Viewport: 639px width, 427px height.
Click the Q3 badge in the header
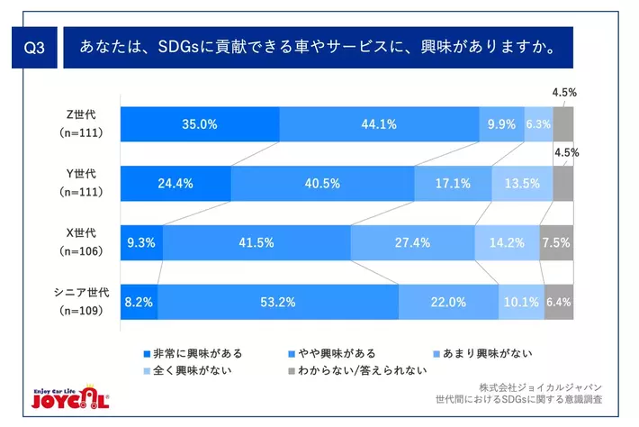point(34,48)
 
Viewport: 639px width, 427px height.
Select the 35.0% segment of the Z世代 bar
point(200,124)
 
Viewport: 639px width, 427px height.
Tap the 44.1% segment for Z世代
point(380,124)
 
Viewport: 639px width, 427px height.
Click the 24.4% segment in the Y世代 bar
point(175,184)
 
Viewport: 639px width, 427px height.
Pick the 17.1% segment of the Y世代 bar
point(454,184)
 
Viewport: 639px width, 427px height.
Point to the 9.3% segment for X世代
point(141,242)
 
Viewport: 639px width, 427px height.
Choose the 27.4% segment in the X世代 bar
point(412,242)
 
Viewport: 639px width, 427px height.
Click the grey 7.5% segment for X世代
point(556,242)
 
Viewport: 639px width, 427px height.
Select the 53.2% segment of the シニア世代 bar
point(278,302)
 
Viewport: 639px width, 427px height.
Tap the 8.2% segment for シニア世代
point(139,302)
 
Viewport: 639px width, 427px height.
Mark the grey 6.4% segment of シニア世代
point(559,302)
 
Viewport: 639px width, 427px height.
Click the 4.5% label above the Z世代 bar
point(564,93)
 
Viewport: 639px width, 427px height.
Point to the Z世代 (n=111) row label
point(81,123)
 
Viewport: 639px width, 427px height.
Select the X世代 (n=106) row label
point(81,241)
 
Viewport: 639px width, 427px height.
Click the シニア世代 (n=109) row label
point(81,302)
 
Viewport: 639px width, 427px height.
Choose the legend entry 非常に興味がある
point(193,354)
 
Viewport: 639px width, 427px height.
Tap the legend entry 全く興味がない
point(188,371)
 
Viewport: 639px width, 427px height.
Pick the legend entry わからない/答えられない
point(357,371)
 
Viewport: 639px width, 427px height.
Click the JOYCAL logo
point(70,396)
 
